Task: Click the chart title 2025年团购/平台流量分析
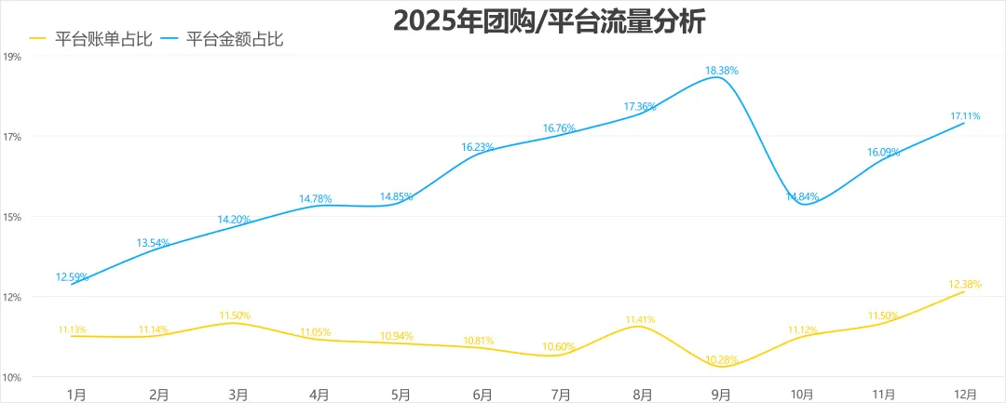(x=549, y=20)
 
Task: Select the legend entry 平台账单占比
(x=89, y=39)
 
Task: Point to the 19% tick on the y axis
(x=13, y=57)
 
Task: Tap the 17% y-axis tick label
(x=13, y=137)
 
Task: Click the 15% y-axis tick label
(x=13, y=217)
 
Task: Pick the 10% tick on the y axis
(x=13, y=377)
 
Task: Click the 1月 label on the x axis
(x=76, y=395)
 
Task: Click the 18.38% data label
(x=723, y=70)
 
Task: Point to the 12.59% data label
(x=73, y=275)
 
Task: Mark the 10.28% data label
(x=723, y=359)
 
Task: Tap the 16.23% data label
(x=478, y=146)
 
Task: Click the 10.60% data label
(x=559, y=347)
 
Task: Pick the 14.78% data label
(x=316, y=198)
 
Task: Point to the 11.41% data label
(x=640, y=318)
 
